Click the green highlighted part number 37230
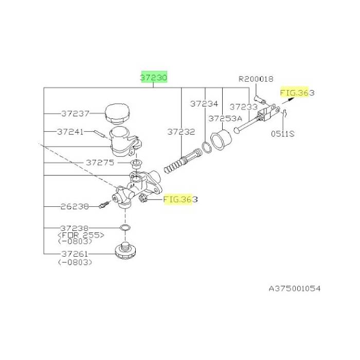tap(154, 78)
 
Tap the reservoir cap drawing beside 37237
tap(117, 114)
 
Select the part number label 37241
tap(70, 132)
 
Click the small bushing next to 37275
tap(136, 164)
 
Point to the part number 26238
tap(75, 207)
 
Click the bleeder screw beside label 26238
tap(104, 204)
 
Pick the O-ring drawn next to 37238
tap(125, 228)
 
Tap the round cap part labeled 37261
tap(125, 251)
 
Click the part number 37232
tap(181, 132)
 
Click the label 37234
tap(204, 104)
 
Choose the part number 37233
tap(244, 107)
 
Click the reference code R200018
tap(256, 79)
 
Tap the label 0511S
tap(283, 134)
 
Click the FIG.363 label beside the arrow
tap(297, 93)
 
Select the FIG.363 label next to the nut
tap(180, 200)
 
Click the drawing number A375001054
tap(295, 289)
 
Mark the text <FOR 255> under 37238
tap(81, 235)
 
